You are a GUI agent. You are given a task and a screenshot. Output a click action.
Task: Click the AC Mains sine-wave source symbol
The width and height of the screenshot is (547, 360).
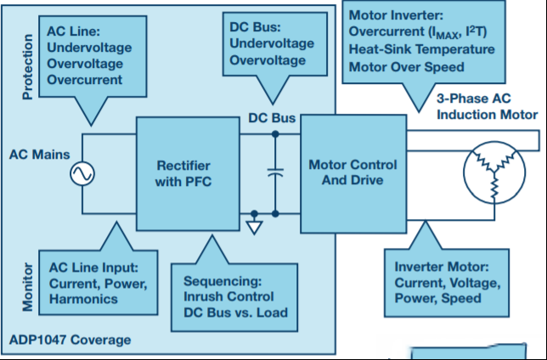(82, 174)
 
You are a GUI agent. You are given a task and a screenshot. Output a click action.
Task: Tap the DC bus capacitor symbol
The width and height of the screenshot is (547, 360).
(275, 172)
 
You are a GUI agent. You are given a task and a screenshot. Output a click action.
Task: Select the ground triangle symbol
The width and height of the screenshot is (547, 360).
(254, 228)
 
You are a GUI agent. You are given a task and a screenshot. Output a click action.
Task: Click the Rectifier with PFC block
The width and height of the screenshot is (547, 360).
(188, 174)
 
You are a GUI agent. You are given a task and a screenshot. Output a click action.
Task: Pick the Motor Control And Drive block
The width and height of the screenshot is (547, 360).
(353, 174)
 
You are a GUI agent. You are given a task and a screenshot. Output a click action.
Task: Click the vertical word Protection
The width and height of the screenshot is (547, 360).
(27, 67)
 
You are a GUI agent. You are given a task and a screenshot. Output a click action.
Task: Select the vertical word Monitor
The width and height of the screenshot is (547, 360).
(27, 287)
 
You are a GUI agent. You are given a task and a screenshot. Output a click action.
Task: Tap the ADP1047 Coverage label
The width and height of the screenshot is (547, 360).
(70, 340)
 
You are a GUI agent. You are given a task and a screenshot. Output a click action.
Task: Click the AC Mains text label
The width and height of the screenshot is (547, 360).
(39, 155)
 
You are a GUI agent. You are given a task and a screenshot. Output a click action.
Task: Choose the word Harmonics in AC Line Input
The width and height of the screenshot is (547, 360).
(83, 299)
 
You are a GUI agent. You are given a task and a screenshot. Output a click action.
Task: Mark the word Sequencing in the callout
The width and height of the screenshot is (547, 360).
(223, 281)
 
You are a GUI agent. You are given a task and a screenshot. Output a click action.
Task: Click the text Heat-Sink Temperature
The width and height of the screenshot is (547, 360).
(422, 49)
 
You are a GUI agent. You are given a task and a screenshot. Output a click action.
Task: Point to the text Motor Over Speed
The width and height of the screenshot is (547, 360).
(406, 66)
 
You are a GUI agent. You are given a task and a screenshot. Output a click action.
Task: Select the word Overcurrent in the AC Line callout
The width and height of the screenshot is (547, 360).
(85, 80)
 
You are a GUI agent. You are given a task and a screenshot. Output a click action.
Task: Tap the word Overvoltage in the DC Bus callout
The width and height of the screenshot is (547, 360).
(268, 60)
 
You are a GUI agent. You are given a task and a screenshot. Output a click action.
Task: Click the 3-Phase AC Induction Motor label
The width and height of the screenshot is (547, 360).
(488, 106)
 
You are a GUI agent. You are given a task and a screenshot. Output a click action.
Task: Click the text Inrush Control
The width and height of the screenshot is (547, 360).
(228, 296)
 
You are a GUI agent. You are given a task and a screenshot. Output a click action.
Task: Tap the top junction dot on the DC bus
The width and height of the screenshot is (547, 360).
(275, 134)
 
